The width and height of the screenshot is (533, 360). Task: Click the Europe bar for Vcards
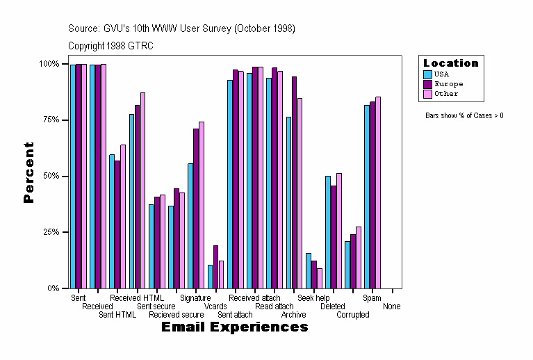click(x=215, y=267)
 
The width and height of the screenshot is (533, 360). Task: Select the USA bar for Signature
click(x=190, y=226)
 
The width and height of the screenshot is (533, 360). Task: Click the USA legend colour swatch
click(x=428, y=74)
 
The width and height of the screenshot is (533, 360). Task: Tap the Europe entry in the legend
click(x=448, y=84)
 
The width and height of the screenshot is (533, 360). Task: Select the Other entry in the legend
click(x=446, y=94)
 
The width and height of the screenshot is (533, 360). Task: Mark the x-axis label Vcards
click(x=215, y=306)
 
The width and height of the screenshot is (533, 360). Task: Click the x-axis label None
click(x=392, y=306)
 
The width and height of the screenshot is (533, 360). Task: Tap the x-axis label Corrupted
click(x=353, y=315)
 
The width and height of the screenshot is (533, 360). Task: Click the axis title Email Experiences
click(x=235, y=327)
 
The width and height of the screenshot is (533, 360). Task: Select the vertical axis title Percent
click(x=28, y=172)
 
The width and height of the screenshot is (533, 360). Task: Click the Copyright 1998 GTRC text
click(x=111, y=46)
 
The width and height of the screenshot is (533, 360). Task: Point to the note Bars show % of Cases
click(x=464, y=115)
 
